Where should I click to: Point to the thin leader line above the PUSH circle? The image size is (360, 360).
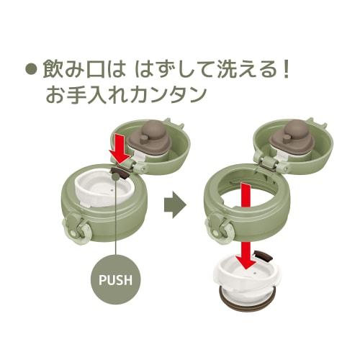116,216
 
